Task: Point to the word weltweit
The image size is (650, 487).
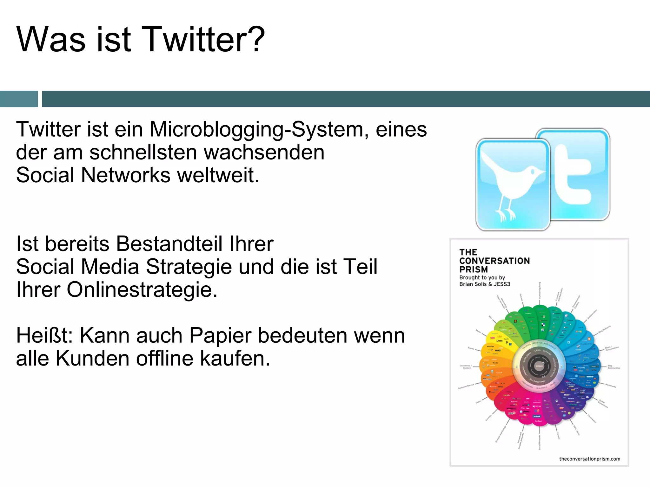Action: coord(218,175)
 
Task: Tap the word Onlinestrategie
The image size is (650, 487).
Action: coord(142,289)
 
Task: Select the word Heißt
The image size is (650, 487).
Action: coord(45,335)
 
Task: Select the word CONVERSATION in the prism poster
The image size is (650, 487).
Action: coord(494,261)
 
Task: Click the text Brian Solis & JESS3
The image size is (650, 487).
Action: coord(485,284)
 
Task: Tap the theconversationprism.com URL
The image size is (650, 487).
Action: coord(589,459)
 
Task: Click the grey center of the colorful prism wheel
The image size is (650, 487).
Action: coord(539,366)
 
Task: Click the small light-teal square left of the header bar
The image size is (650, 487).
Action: coord(19,99)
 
